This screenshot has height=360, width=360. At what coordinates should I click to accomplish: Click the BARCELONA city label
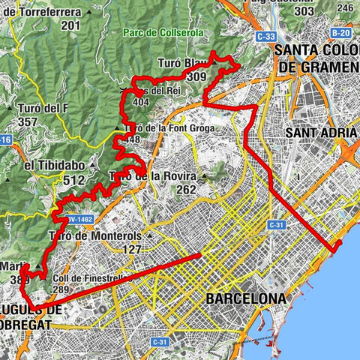pyautogui.click(x=244, y=298)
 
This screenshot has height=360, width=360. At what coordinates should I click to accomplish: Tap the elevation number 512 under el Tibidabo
pyautogui.click(x=75, y=180)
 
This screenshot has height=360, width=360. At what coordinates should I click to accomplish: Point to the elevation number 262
pyautogui.click(x=187, y=190)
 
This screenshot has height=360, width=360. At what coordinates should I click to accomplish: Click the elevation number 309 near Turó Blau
pyautogui.click(x=198, y=76)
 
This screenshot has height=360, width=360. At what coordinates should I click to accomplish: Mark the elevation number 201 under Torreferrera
pyautogui.click(x=71, y=26)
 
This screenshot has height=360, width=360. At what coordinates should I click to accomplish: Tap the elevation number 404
pyautogui.click(x=140, y=102)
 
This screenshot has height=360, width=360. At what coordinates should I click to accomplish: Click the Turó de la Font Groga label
pyautogui.click(x=172, y=128)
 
